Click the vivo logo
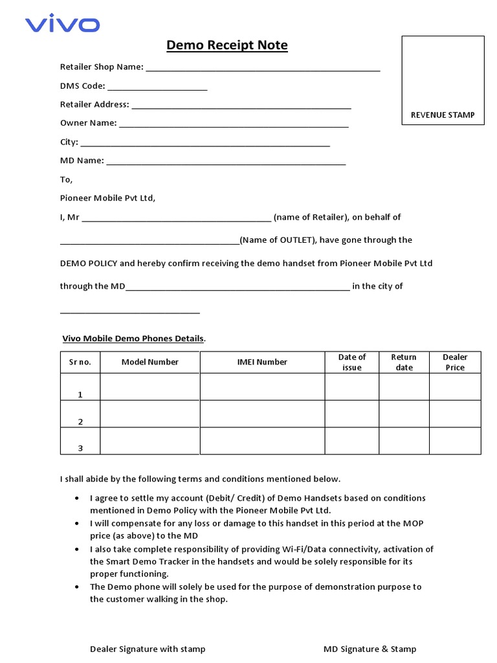pyautogui.click(x=62, y=25)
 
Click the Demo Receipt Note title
pyautogui.click(x=227, y=45)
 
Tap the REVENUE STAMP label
pyautogui.click(x=443, y=115)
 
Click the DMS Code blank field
pyautogui.click(x=157, y=86)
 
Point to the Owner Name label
pyautogui.click(x=88, y=123)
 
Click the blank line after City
pyautogui.click(x=205, y=142)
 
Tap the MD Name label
pyautogui.click(x=82, y=161)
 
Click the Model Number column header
pyautogui.click(x=150, y=363)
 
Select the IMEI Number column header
pyautogui.click(x=262, y=363)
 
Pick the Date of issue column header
pyautogui.click(x=352, y=363)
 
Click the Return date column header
pyautogui.click(x=404, y=363)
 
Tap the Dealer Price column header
pyautogui.click(x=455, y=363)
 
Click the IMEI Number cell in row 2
pyautogui.click(x=262, y=414)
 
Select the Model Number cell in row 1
pyautogui.click(x=150, y=387)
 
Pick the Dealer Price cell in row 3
pyautogui.click(x=455, y=441)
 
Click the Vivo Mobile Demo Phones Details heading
pyautogui.click(x=133, y=339)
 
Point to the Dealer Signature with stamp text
pyautogui.click(x=148, y=649)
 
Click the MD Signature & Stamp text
pyautogui.click(x=370, y=649)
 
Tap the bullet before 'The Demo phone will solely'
pyautogui.click(x=78, y=587)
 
